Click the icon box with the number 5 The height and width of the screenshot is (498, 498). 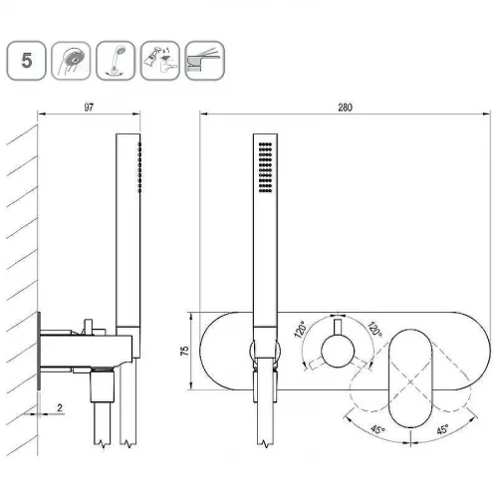click(26, 61)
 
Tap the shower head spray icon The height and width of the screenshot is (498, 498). click(71, 61)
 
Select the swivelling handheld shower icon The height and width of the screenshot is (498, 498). click(116, 61)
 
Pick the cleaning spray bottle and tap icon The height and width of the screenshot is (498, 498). click(160, 61)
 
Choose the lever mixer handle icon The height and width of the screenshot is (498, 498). click(204, 61)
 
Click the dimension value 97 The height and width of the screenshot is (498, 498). click(89, 108)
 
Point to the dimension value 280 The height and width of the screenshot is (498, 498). click(345, 108)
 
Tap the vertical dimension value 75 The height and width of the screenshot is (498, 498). click(184, 351)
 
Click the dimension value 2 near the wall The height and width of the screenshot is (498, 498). click(60, 407)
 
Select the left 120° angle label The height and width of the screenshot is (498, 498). click(301, 330)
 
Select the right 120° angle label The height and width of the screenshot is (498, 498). click(374, 329)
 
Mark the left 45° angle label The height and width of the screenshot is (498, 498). click(377, 429)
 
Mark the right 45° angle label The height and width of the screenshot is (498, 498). click(443, 429)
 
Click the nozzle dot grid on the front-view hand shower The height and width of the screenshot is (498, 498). click(265, 167)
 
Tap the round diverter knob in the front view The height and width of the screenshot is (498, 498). click(338, 351)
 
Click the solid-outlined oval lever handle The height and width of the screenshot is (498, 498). click(410, 377)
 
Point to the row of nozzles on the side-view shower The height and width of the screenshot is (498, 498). click(139, 167)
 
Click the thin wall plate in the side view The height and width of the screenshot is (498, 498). click(39, 351)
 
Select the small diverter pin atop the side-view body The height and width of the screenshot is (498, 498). click(89, 326)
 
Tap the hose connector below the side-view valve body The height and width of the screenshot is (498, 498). click(103, 386)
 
